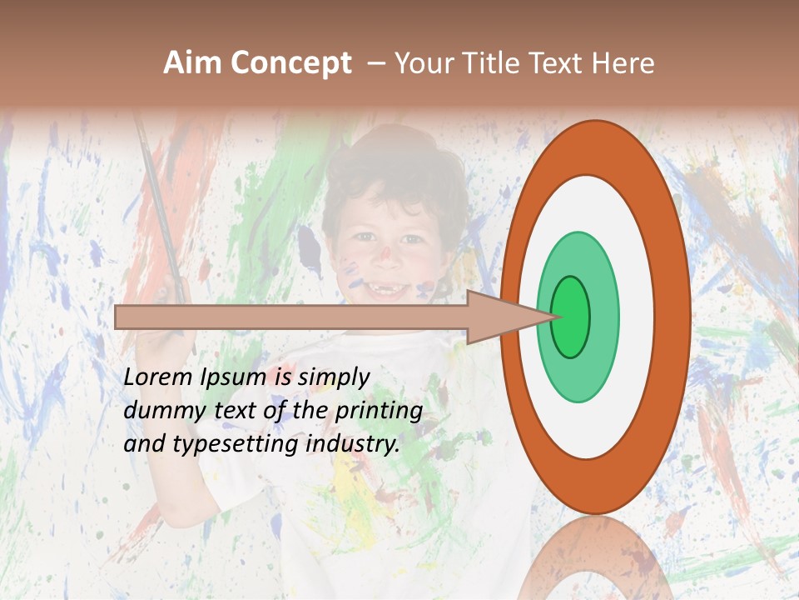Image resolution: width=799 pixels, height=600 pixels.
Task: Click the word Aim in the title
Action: pyautogui.click(x=193, y=63)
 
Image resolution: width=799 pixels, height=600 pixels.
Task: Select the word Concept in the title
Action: pyautogui.click(x=290, y=63)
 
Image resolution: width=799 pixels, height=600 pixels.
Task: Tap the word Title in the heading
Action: pyautogui.click(x=494, y=63)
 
